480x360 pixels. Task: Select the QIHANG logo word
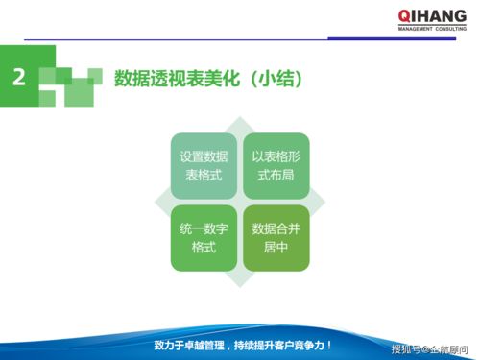pyautogui.click(x=432, y=16)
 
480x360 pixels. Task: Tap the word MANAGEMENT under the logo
pyautogui.click(x=415, y=29)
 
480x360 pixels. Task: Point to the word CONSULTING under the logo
pyautogui.click(x=452, y=29)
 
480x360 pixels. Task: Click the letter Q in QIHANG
pyautogui.click(x=403, y=16)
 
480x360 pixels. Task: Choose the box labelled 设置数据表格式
pyautogui.click(x=204, y=164)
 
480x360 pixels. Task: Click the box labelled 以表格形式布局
pyautogui.click(x=276, y=164)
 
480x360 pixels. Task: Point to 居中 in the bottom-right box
pyautogui.click(x=276, y=248)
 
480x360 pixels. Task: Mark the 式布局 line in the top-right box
pyautogui.click(x=276, y=174)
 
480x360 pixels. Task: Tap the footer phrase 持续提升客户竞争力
pyautogui.click(x=284, y=345)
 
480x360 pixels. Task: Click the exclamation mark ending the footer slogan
pyautogui.click(x=330, y=345)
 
